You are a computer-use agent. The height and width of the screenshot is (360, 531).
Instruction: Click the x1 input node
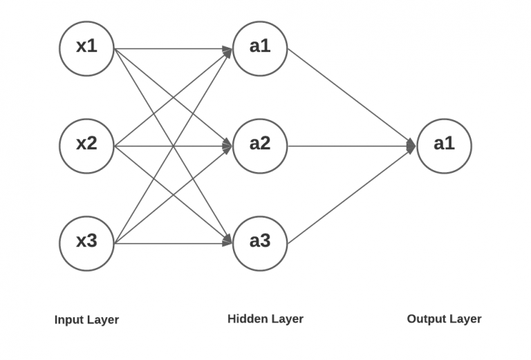pyautogui.click(x=86, y=48)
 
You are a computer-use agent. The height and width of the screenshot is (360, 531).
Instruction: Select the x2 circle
pyautogui.click(x=86, y=146)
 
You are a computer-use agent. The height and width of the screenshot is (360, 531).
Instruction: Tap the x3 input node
pyautogui.click(x=86, y=243)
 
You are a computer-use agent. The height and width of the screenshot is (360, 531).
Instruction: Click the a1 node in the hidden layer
pyautogui.click(x=260, y=48)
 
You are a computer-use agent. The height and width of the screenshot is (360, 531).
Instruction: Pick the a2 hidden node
pyautogui.click(x=260, y=146)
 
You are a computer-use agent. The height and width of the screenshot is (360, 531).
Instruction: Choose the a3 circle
pyautogui.click(x=260, y=243)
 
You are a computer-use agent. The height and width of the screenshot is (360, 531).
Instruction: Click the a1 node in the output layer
pyautogui.click(x=444, y=146)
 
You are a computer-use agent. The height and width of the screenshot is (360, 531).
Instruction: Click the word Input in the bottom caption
pyautogui.click(x=70, y=320)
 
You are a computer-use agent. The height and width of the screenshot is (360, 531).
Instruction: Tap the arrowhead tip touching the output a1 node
pyautogui.click(x=414, y=146)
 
